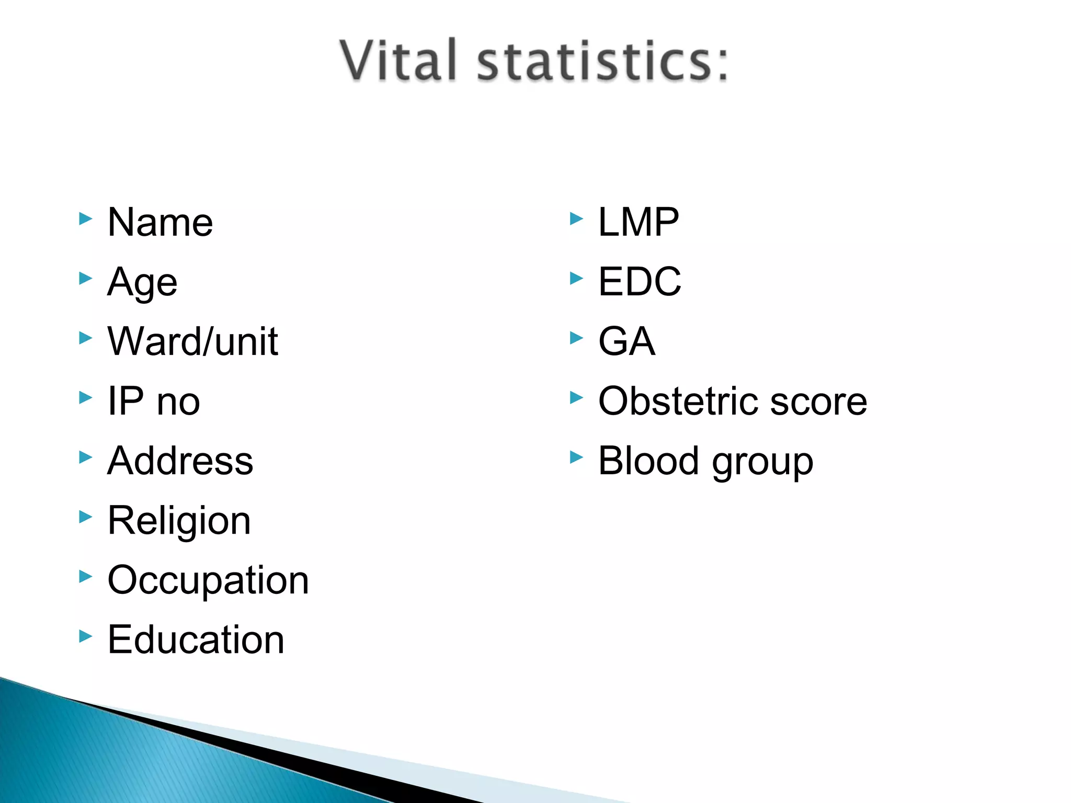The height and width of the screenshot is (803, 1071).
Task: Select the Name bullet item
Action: pyautogui.click(x=160, y=223)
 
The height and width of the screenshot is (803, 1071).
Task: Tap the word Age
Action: pyautogui.click(x=142, y=282)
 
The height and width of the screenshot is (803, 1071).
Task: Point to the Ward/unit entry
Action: pyautogui.click(x=192, y=342)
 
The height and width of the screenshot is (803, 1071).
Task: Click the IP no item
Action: pyautogui.click(x=154, y=401)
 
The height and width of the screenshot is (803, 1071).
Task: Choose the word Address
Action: pyautogui.click(x=180, y=461)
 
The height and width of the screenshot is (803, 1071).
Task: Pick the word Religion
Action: pyautogui.click(x=179, y=521)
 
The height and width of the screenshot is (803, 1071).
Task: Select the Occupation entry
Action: pyautogui.click(x=208, y=580)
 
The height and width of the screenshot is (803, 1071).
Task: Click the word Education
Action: pyautogui.click(x=196, y=640)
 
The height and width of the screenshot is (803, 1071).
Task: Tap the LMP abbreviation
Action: pyautogui.click(x=639, y=223)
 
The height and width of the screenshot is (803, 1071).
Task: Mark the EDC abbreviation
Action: pyautogui.click(x=640, y=282)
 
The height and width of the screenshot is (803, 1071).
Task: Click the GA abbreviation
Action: pyautogui.click(x=626, y=342)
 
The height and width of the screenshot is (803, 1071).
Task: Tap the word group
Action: pyautogui.click(x=762, y=463)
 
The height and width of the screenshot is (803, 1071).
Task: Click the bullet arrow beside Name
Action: pyautogui.click(x=85, y=219)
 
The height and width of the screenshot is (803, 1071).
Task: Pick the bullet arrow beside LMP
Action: pyautogui.click(x=576, y=219)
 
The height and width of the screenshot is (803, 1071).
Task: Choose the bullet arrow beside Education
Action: pyautogui.click(x=85, y=636)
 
